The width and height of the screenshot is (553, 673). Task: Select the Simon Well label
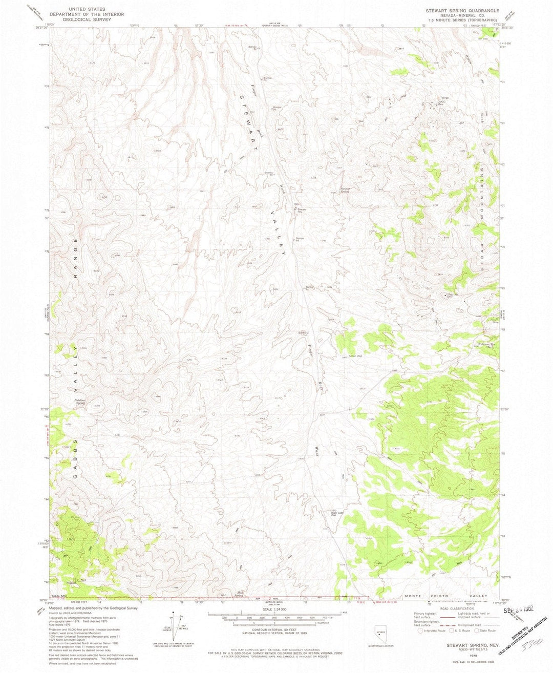click(355, 355)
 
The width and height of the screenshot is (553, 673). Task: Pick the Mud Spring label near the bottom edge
click(239, 595)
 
